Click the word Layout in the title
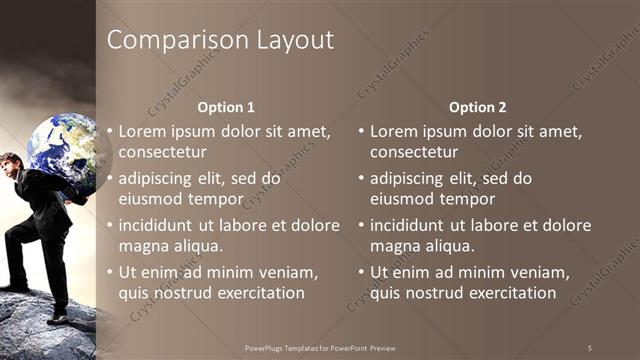(x=293, y=41)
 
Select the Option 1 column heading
(x=226, y=107)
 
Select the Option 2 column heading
(x=477, y=107)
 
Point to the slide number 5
(x=589, y=347)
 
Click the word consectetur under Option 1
(x=163, y=153)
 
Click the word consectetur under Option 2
(x=414, y=153)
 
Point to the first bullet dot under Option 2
(x=362, y=131)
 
